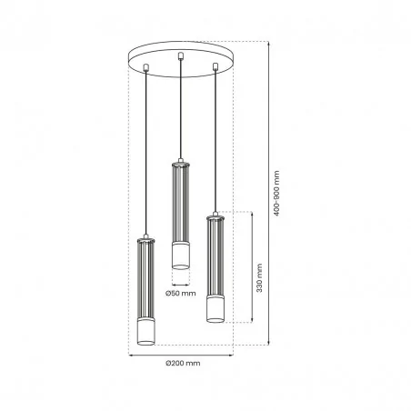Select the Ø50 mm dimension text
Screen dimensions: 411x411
click(x=180, y=293)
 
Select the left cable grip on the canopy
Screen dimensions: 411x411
click(x=146, y=67)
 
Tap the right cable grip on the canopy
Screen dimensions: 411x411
click(x=215, y=67)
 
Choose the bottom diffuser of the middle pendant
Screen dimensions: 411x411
click(x=180, y=256)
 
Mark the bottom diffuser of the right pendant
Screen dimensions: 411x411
click(x=215, y=309)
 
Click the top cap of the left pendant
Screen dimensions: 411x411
click(x=146, y=242)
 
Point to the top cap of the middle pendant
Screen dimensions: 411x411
click(x=180, y=165)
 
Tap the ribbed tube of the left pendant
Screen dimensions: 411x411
click(x=146, y=282)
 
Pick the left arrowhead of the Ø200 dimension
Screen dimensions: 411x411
click(x=131, y=354)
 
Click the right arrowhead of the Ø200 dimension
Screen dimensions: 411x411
click(x=231, y=354)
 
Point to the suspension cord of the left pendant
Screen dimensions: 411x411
click(x=146, y=155)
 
